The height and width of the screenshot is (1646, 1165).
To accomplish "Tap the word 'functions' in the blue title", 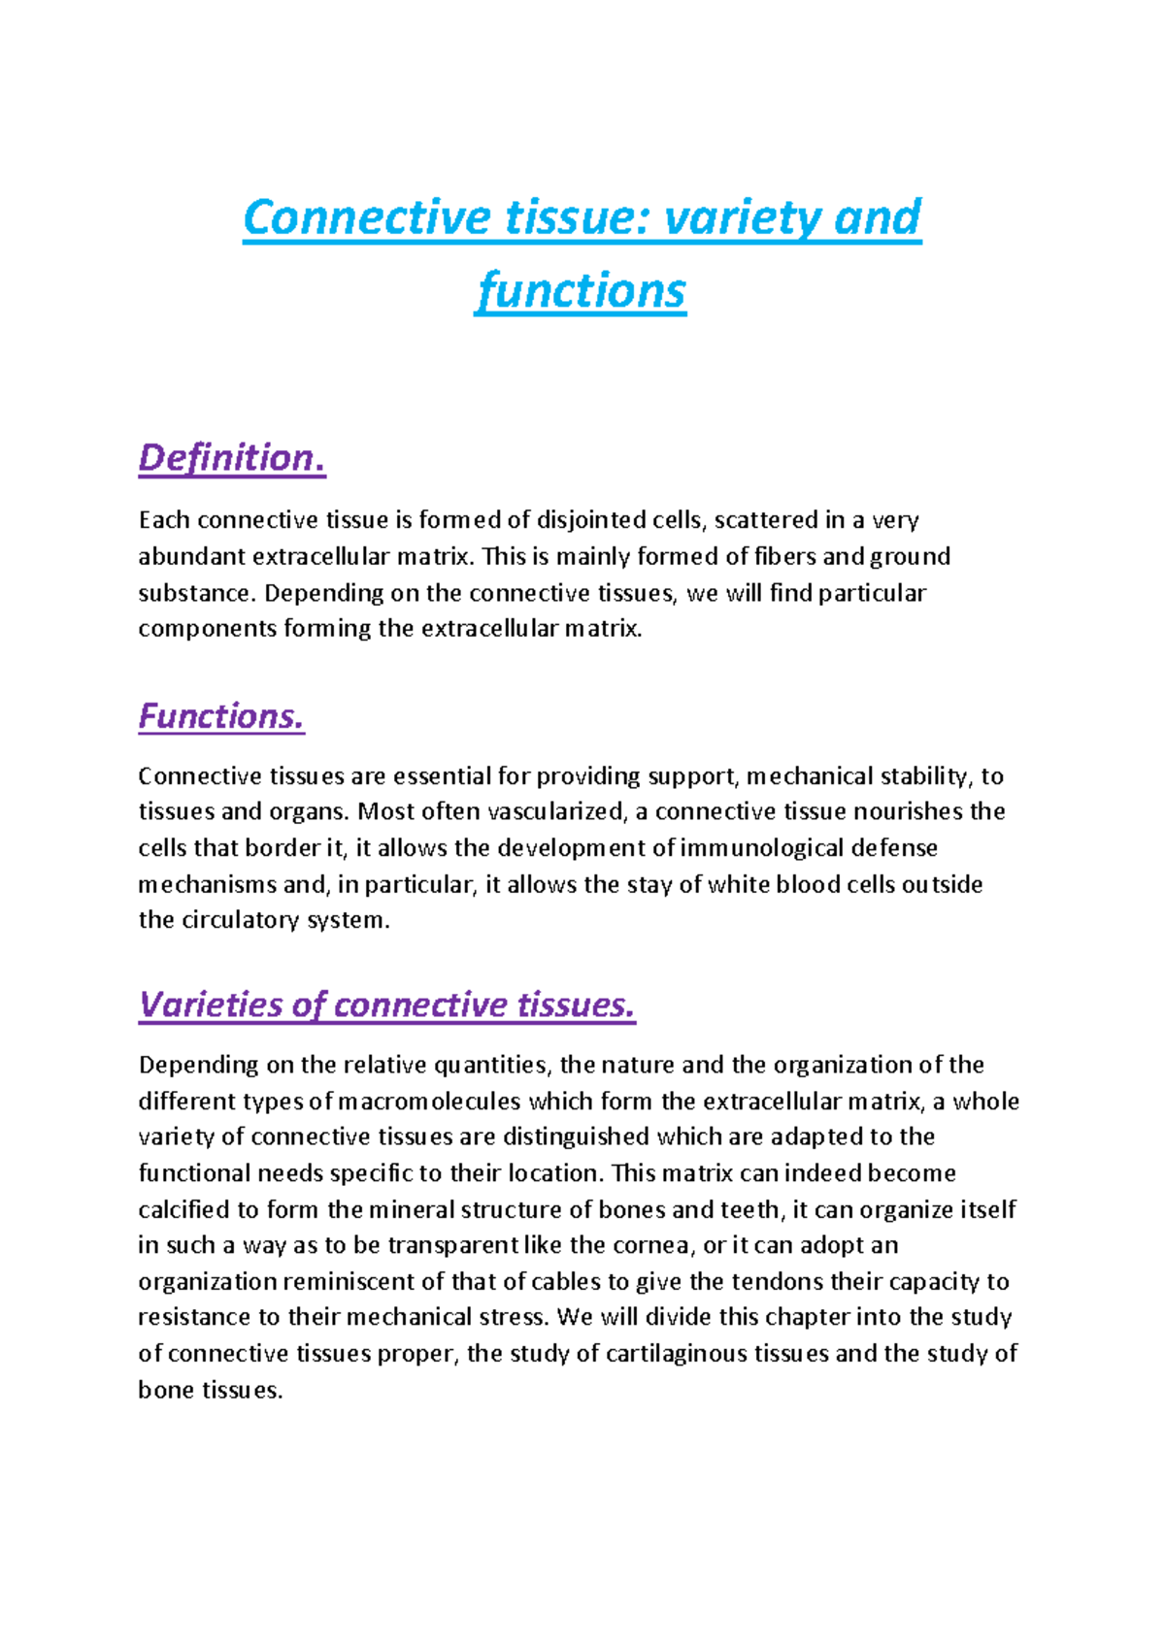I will (582, 290).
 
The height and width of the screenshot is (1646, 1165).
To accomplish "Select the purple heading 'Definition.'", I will (232, 458).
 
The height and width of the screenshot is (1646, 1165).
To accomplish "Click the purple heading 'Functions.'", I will (221, 716).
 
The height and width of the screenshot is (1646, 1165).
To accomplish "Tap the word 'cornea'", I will (650, 1245).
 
